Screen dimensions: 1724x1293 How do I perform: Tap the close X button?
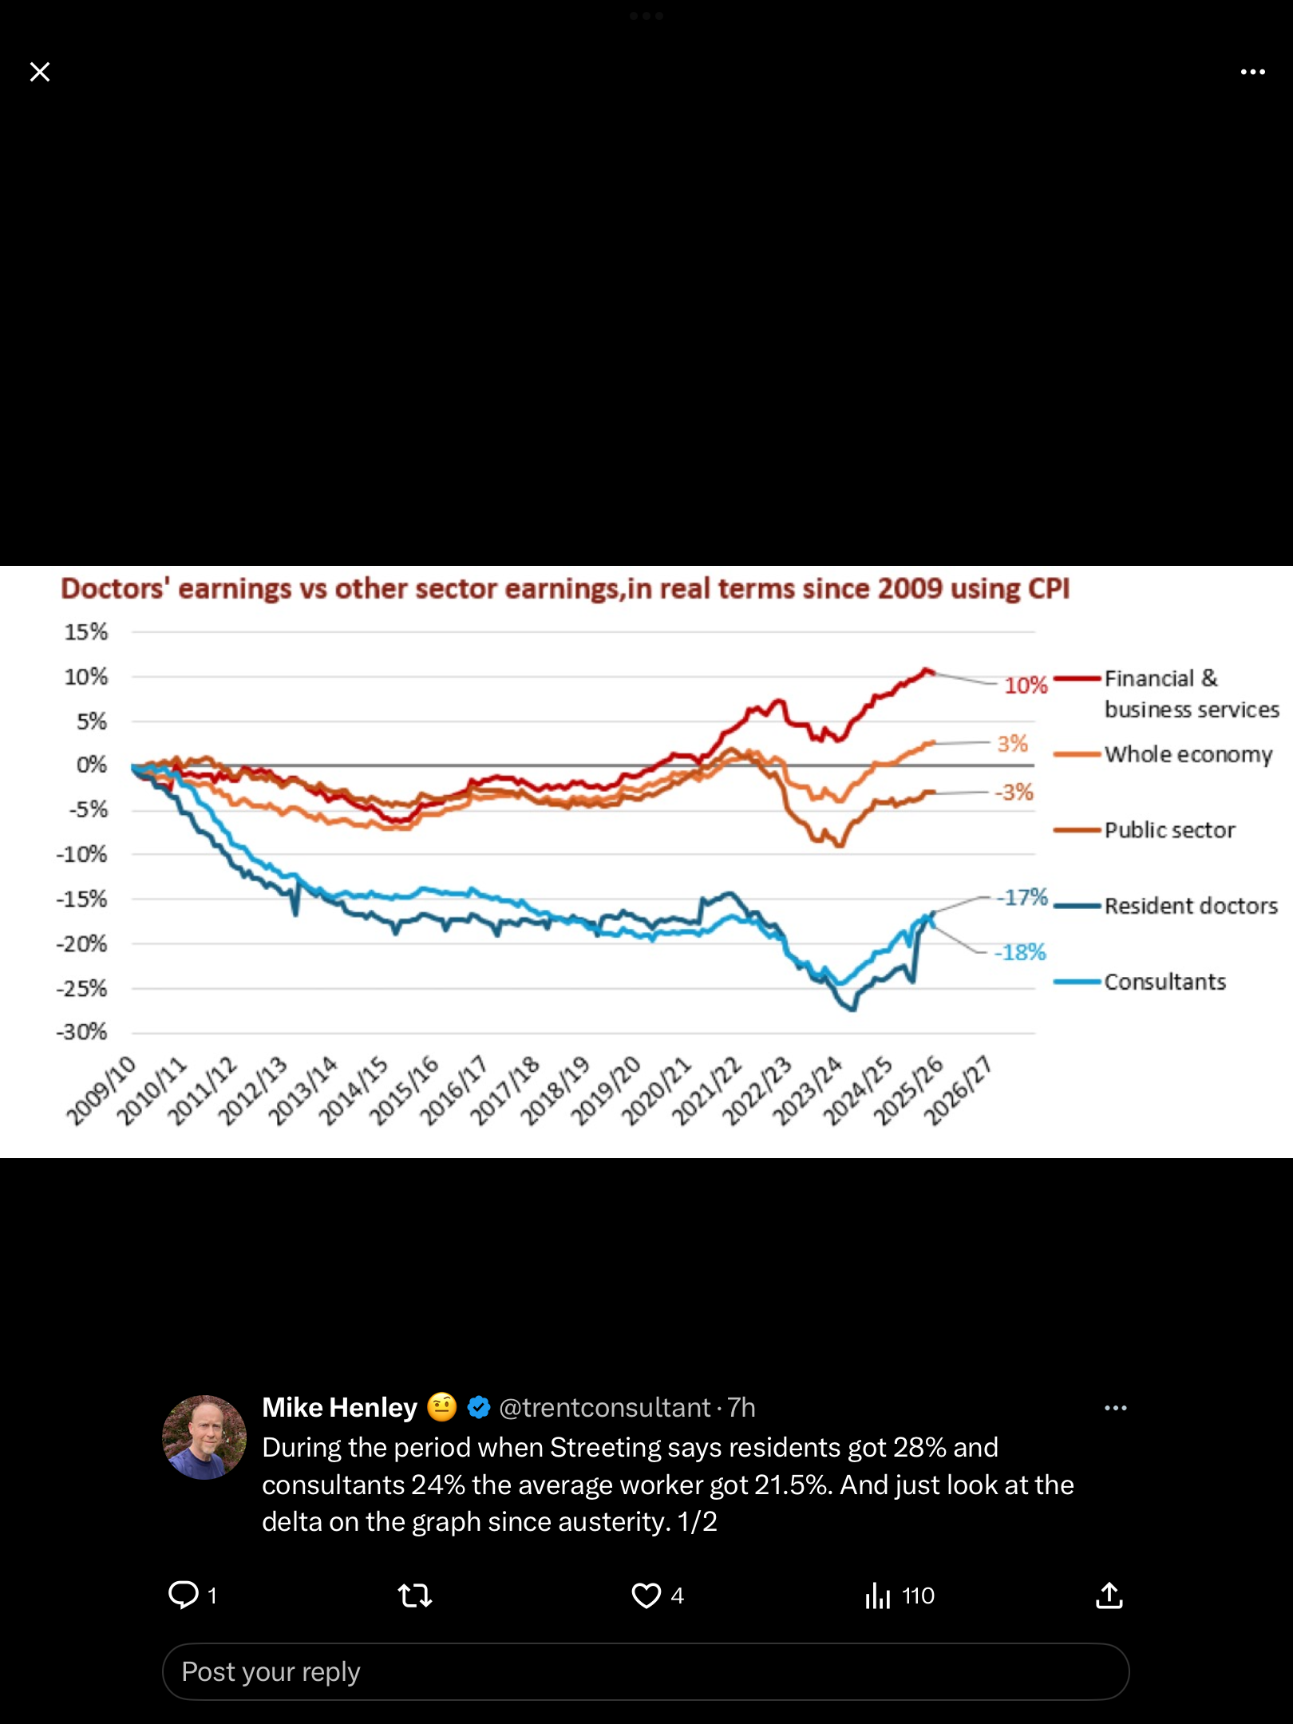point(40,72)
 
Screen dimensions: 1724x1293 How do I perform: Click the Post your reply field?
point(645,1671)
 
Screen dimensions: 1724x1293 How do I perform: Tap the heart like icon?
point(646,1595)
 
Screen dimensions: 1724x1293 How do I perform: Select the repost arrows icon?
point(414,1595)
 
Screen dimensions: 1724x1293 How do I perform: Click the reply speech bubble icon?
point(184,1595)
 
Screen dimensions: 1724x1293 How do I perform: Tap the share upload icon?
point(1109,1595)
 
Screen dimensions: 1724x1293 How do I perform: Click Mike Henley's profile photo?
point(204,1437)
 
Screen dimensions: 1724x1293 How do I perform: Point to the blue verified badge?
point(478,1407)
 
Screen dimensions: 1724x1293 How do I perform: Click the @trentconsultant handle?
point(604,1407)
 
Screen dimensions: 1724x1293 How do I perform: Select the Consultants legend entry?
point(1164,982)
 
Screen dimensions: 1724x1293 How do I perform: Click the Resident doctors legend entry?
point(1190,906)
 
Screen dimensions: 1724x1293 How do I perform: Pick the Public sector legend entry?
point(1169,830)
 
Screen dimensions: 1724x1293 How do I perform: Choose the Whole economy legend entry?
point(1188,754)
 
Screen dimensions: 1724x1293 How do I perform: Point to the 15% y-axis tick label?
point(86,632)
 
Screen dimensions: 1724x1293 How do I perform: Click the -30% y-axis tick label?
point(81,1032)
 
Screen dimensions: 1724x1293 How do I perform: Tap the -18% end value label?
point(1019,952)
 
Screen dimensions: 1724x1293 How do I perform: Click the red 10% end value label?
point(1026,686)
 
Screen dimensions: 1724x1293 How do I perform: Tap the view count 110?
point(917,1595)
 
